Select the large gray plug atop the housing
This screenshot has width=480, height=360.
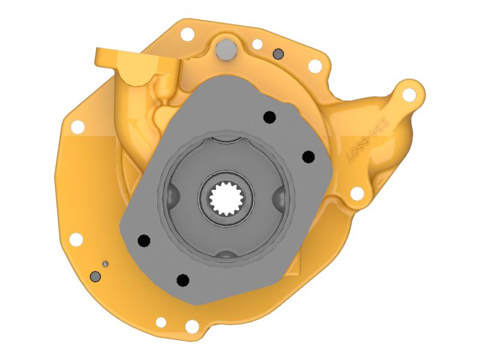click(x=226, y=49)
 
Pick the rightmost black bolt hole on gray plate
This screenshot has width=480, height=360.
click(x=308, y=157)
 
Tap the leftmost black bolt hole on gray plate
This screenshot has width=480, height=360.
click(x=143, y=240)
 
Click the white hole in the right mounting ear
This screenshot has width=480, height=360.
click(x=409, y=95)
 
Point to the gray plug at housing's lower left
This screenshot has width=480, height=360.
click(x=95, y=276)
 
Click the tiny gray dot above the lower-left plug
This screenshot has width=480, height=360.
click(x=105, y=263)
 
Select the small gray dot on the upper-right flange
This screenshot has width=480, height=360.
click(x=277, y=54)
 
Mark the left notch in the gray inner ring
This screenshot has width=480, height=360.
click(x=171, y=195)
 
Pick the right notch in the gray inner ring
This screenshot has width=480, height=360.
click(x=280, y=197)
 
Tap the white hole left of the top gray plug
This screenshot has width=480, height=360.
click(x=187, y=34)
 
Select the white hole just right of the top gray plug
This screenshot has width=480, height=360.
click(x=257, y=44)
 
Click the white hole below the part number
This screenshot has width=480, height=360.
click(x=356, y=193)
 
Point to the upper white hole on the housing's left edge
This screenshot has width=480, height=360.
click(x=77, y=127)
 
